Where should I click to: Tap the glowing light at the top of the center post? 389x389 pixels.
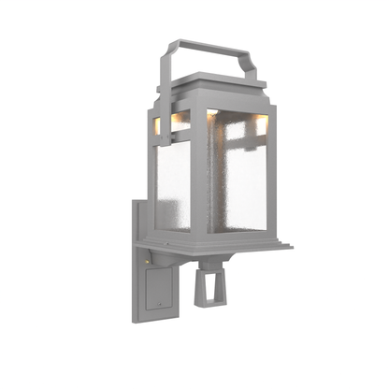point(212,113)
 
